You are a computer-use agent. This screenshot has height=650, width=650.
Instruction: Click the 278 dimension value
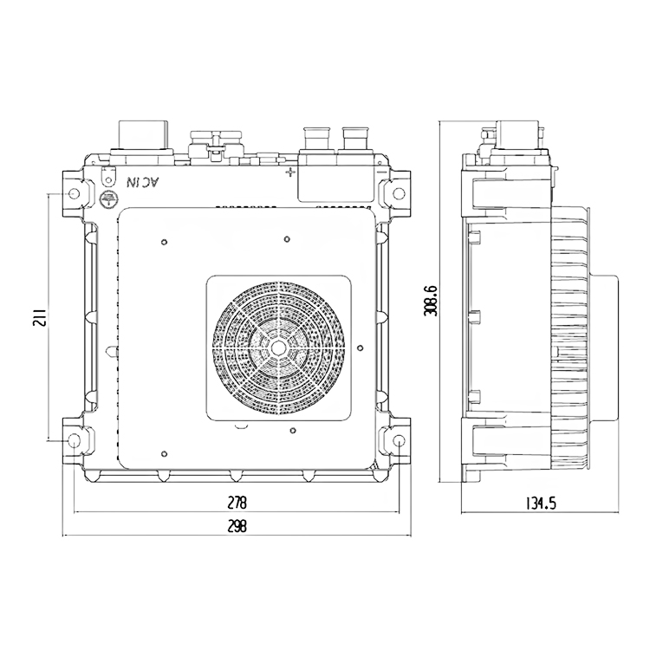tap(237, 503)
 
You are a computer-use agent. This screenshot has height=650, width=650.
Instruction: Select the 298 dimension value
tap(237, 526)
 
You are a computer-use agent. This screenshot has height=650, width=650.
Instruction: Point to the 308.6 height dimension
tap(431, 301)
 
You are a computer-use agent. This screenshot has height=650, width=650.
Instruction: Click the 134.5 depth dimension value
tap(541, 504)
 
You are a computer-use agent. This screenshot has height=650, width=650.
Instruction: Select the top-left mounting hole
tap(75, 193)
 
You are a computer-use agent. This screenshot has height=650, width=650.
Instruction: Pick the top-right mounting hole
tap(399, 193)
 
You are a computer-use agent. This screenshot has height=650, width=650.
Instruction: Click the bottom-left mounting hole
tap(75, 439)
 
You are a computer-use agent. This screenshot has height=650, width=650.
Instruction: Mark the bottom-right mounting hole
tap(399, 439)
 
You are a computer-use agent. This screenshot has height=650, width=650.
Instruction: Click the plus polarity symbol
tap(291, 172)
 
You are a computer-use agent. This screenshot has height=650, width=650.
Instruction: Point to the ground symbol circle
tap(109, 198)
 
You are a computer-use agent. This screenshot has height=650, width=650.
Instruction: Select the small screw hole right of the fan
tap(360, 348)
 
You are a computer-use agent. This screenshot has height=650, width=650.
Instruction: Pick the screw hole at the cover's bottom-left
tap(165, 454)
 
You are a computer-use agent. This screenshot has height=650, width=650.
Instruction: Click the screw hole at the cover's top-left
tap(165, 242)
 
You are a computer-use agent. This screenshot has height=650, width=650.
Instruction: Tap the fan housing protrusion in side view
tap(605, 348)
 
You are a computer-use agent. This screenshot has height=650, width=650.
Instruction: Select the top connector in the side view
tap(518, 134)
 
